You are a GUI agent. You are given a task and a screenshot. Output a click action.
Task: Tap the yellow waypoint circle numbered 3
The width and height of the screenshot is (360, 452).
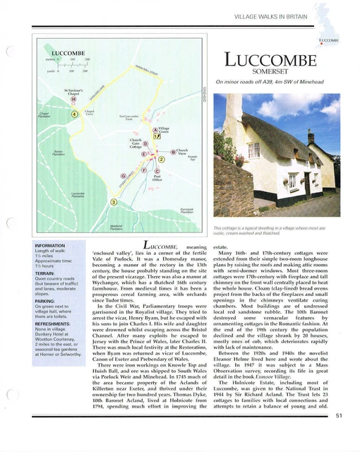[112, 203]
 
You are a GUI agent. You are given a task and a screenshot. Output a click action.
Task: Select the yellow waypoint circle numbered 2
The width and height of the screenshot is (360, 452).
[161, 160]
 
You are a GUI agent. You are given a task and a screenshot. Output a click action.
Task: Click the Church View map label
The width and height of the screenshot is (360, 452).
[181, 151]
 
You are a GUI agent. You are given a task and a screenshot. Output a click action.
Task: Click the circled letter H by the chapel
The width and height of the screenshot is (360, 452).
[74, 100]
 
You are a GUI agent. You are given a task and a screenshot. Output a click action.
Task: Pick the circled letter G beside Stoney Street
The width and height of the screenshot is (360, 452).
[124, 175]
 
